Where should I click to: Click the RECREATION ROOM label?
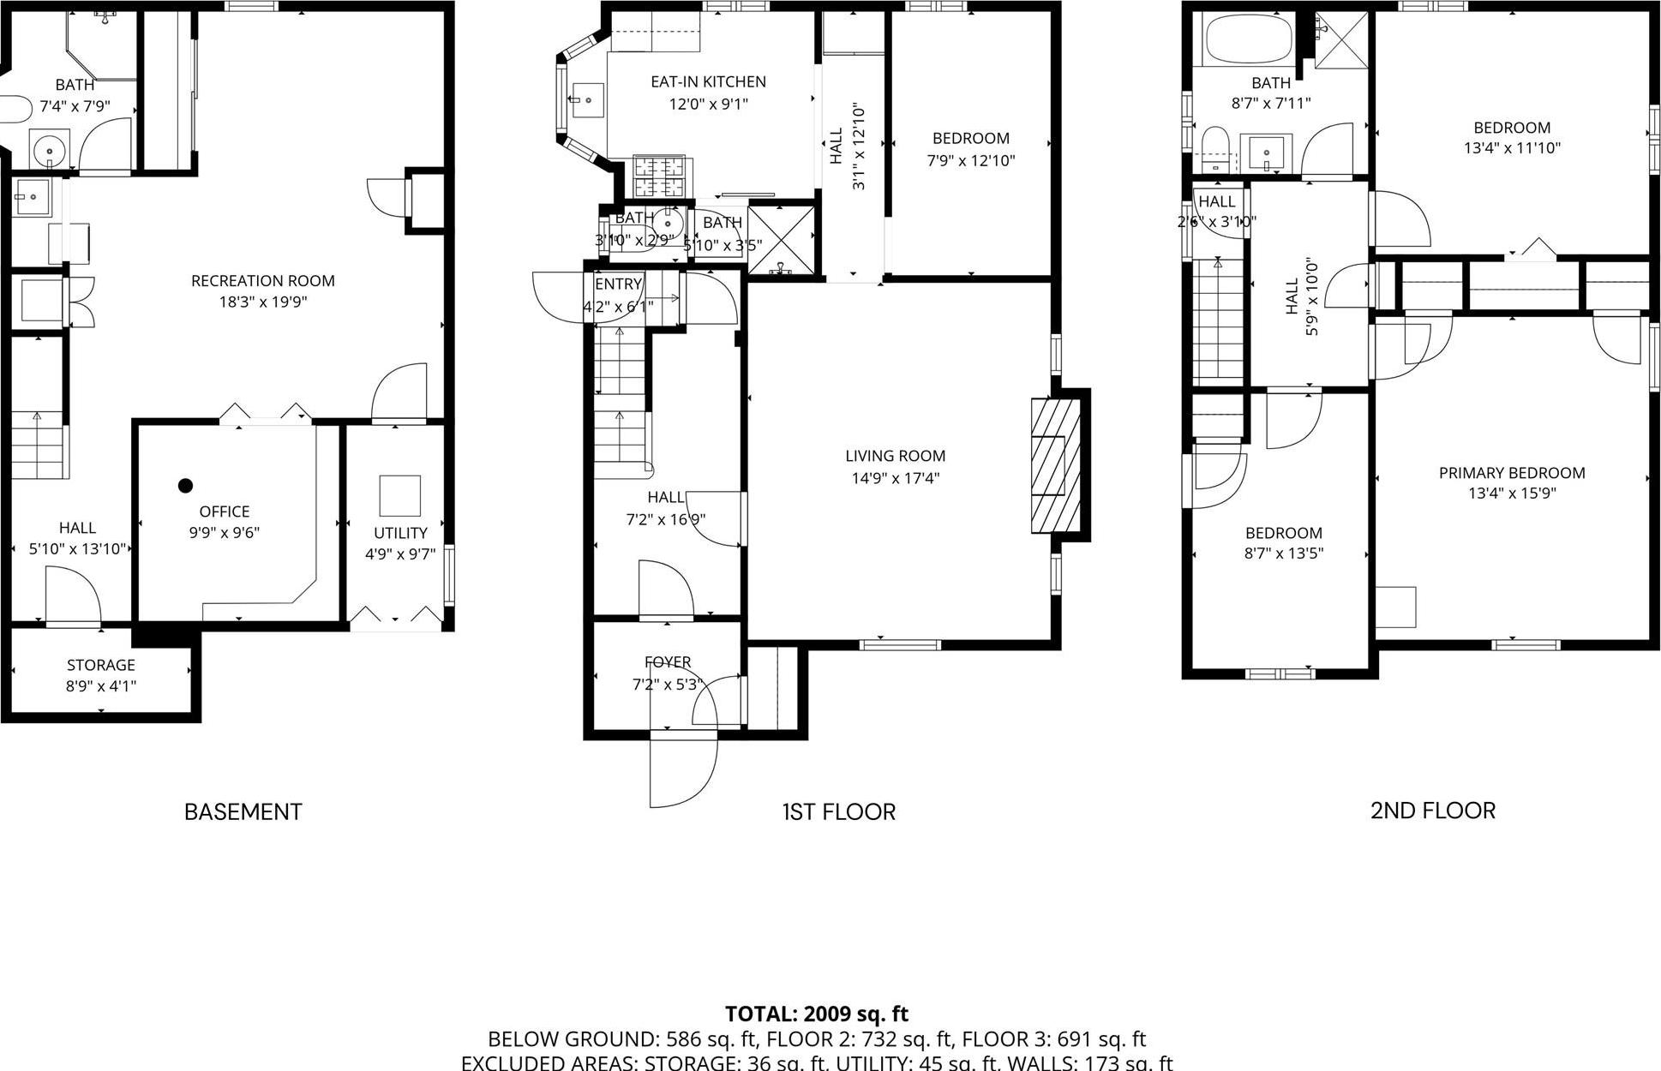[262, 281]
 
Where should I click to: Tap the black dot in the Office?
[185, 486]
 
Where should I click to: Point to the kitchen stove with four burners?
[659, 177]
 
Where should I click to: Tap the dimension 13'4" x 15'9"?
[1511, 494]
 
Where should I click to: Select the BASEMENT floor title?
[243, 811]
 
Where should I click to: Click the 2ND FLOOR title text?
[1432, 811]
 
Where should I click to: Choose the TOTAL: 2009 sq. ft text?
[816, 1014]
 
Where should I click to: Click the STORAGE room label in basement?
[101, 665]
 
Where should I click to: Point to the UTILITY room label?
[400, 533]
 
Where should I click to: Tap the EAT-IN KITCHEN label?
[708, 82]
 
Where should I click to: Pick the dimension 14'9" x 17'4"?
[895, 478]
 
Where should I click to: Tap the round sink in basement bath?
[51, 152]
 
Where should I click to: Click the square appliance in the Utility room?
[400, 495]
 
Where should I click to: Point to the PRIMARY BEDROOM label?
[1511, 473]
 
